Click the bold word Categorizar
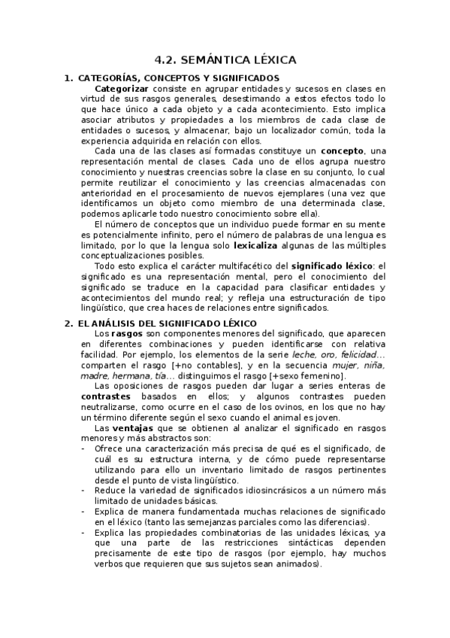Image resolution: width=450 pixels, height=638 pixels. tap(121, 89)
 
